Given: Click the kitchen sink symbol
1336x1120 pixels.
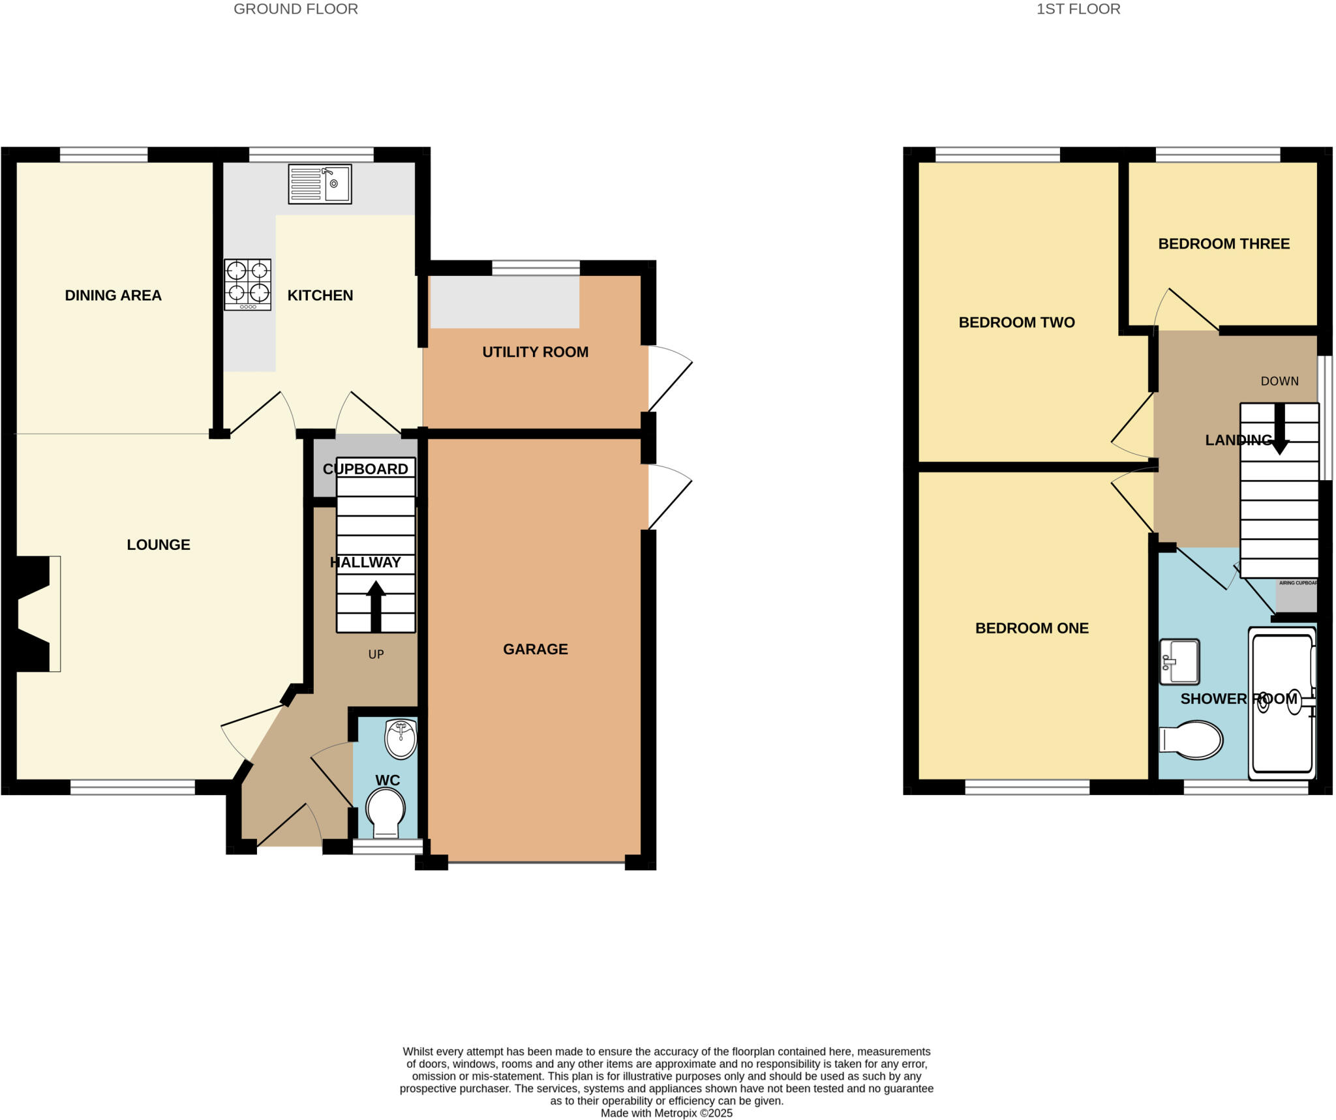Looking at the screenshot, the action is (x=320, y=184).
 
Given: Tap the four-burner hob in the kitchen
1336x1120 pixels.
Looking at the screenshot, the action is (x=247, y=284).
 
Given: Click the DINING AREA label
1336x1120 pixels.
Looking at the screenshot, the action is (x=114, y=295).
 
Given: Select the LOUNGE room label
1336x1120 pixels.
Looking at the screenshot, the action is (x=159, y=545).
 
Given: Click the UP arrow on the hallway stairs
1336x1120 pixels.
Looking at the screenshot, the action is (x=376, y=607).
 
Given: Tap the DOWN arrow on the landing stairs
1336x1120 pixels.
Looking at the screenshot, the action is (x=1280, y=429).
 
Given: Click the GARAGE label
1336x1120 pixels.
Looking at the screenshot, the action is (x=536, y=649).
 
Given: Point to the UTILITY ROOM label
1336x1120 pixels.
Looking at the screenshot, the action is (x=536, y=352).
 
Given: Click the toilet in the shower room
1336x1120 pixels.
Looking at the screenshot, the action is (x=1191, y=740).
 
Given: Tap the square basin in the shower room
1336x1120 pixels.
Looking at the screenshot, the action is (x=1179, y=661).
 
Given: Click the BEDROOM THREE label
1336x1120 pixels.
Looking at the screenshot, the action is (x=1224, y=244).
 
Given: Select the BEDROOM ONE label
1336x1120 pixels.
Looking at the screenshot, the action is (x=1032, y=628).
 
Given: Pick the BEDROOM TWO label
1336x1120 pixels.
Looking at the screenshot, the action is (x=1016, y=322).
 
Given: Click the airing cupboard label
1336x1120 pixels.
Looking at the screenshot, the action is (x=1298, y=583).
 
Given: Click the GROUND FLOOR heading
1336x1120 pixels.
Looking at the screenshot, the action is (x=296, y=9).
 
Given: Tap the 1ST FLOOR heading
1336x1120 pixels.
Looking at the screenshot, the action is (x=1078, y=9).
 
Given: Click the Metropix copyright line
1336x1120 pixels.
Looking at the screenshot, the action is (x=667, y=1113).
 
